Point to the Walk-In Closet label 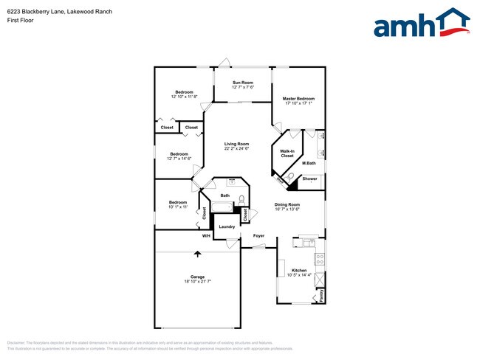287,153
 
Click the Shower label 309,179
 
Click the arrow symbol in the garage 197,255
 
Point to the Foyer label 258,236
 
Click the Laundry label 226,226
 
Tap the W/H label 207,236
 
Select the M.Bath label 309,163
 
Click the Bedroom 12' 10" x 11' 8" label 184,94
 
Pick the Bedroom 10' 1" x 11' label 177,204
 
